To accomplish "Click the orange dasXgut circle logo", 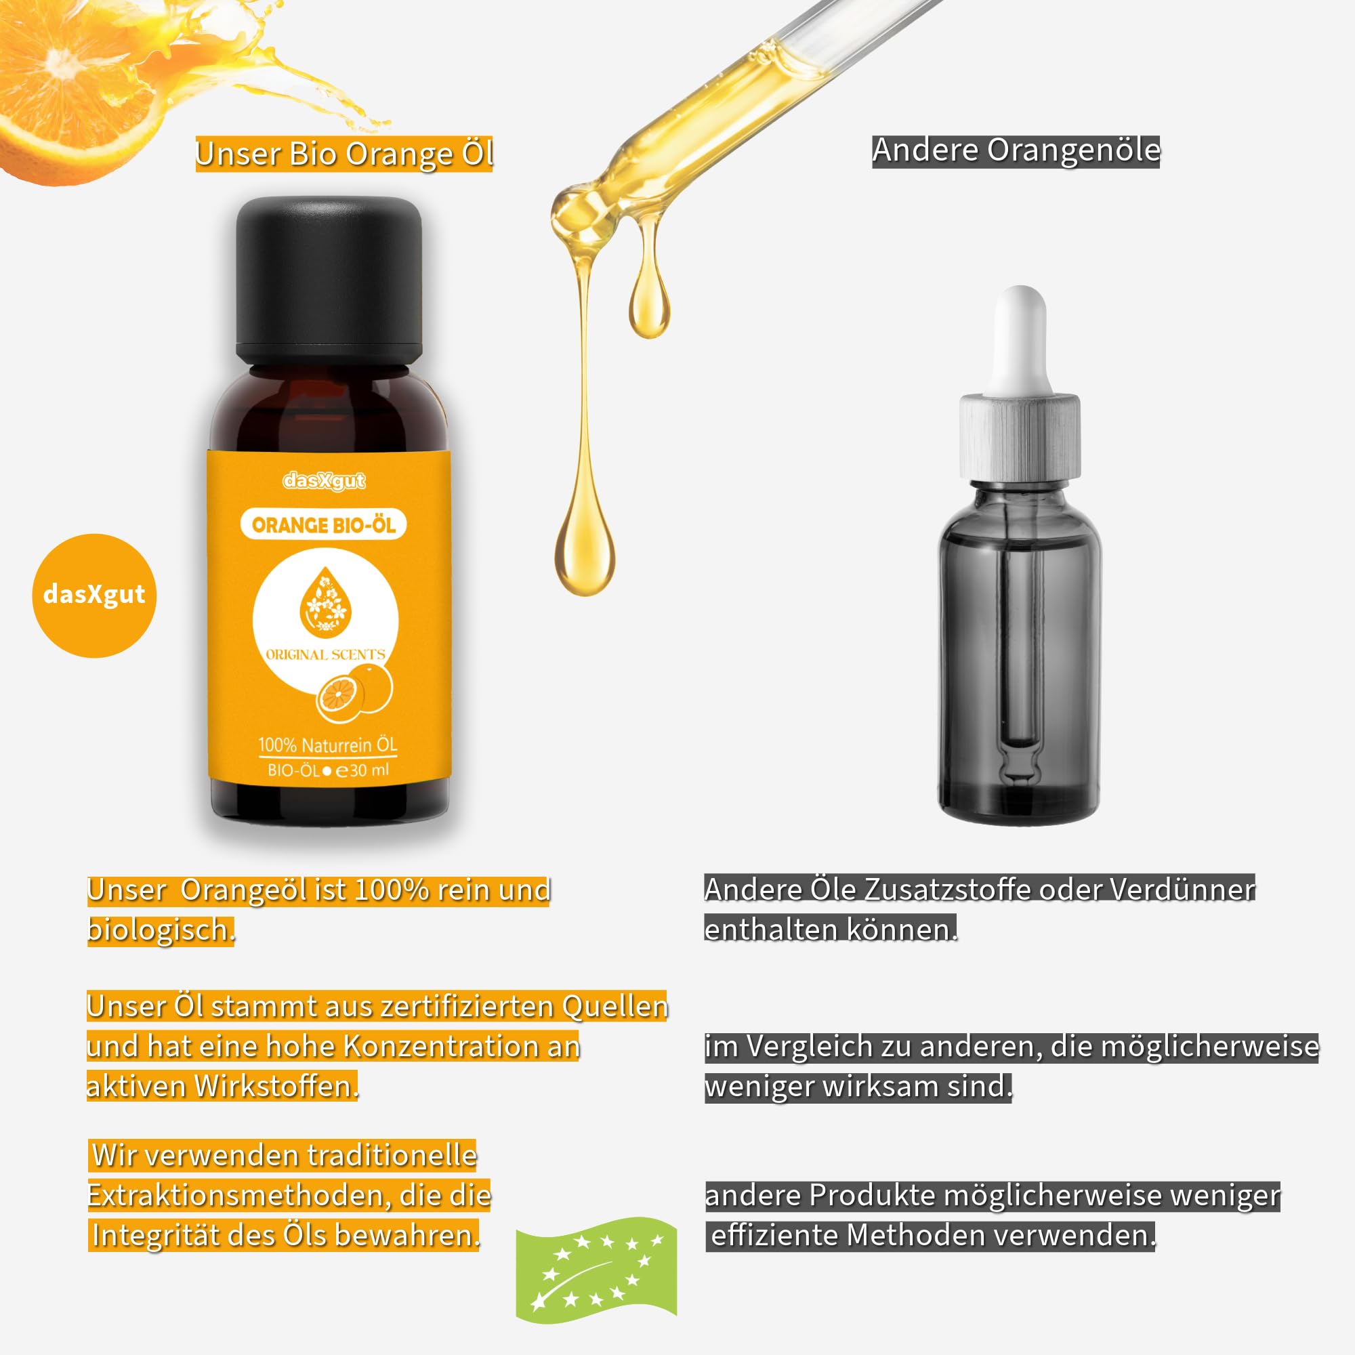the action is [x=94, y=596].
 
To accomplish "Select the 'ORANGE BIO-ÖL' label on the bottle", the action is [x=323, y=524].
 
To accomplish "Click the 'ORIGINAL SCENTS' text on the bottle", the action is [x=325, y=654].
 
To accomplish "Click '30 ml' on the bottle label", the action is [x=370, y=770].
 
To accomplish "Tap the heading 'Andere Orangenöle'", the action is [x=1016, y=151].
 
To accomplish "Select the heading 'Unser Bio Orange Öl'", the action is [x=344, y=154].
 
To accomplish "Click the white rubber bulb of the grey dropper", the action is [x=1020, y=340].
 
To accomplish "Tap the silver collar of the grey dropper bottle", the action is [x=1020, y=437].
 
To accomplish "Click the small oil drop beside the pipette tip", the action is [x=649, y=301].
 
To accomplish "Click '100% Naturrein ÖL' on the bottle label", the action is [x=327, y=745].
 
